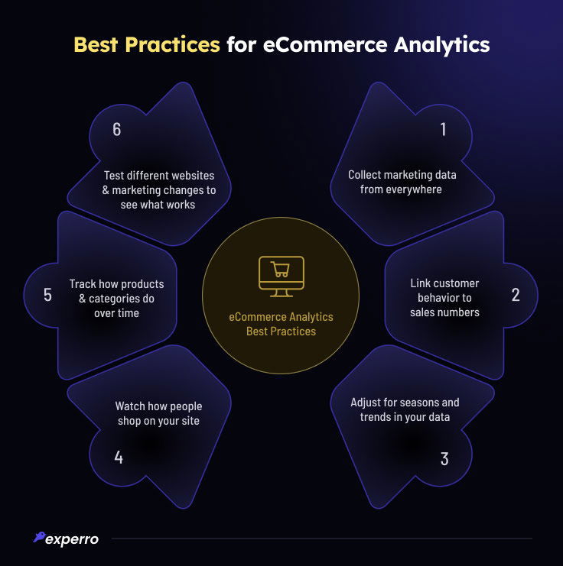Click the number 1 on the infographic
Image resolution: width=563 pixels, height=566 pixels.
point(443,130)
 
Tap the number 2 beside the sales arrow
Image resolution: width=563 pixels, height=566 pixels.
point(516,295)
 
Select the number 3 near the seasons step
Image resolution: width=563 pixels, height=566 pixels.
point(444,459)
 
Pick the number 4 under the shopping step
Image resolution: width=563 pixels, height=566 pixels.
point(119,458)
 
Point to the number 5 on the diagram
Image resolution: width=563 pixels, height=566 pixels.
point(47,295)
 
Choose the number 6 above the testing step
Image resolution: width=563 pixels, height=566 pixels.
point(117,130)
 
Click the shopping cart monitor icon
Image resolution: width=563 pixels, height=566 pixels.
point(281,277)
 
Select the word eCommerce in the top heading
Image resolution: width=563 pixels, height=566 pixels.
point(313,44)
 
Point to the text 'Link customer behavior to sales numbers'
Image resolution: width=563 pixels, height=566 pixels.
point(444,297)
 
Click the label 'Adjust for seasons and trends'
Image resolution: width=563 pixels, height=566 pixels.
point(405,409)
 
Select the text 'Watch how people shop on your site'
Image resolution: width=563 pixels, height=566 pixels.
point(158,413)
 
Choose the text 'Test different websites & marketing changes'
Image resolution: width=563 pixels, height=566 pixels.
point(159,190)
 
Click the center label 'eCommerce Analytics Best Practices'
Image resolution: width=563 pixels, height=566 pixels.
point(281,324)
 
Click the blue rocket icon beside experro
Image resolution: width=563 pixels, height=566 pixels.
point(39,538)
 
